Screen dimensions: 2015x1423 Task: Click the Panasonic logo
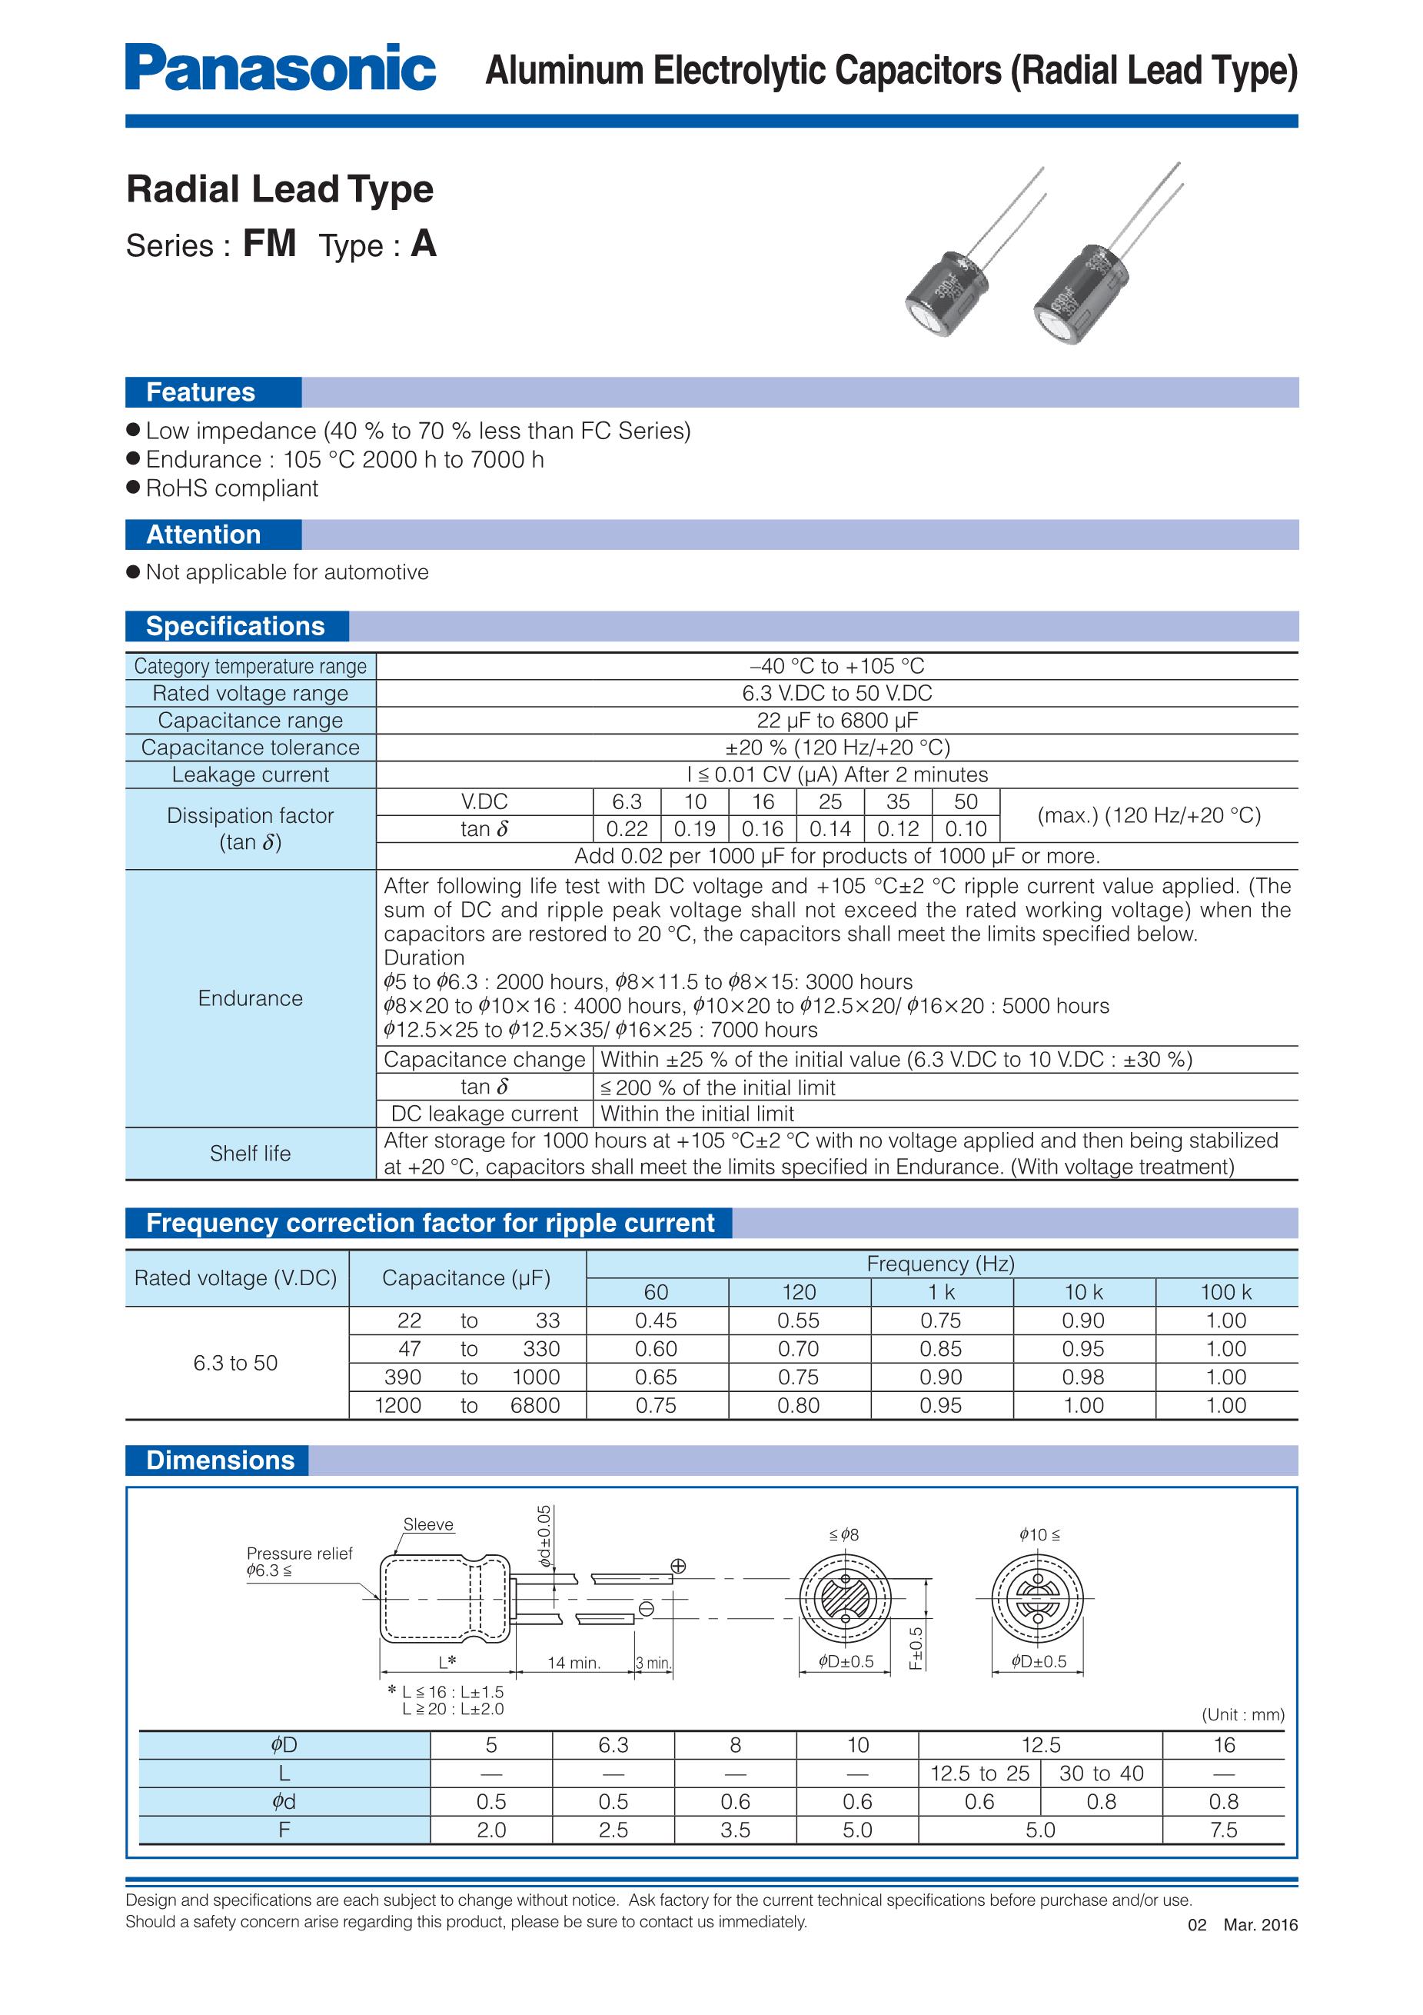click(x=280, y=68)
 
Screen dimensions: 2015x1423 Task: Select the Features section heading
click(x=201, y=392)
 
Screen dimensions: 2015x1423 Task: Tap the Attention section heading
click(x=204, y=535)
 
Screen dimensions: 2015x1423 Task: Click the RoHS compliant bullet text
click(x=231, y=489)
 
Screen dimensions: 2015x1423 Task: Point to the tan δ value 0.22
click(x=627, y=829)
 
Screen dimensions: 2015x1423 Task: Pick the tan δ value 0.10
click(x=965, y=829)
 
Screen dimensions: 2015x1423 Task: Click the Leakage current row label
click(x=250, y=775)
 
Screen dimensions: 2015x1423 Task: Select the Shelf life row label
click(x=250, y=1153)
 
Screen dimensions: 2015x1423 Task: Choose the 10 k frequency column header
click(x=1083, y=1292)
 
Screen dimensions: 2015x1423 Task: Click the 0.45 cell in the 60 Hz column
click(x=657, y=1321)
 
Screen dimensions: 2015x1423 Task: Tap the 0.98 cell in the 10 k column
click(x=1083, y=1377)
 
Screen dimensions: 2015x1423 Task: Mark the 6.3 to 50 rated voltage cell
click(x=235, y=1363)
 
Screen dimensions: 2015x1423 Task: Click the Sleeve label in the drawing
click(x=428, y=1524)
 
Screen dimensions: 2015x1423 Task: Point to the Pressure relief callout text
click(x=299, y=1554)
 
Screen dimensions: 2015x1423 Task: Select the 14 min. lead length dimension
click(x=574, y=1663)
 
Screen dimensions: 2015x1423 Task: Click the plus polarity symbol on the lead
click(x=678, y=1567)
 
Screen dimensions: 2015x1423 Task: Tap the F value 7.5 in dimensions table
click(x=1223, y=1830)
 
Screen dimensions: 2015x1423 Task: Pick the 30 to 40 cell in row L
click(x=1101, y=1774)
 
